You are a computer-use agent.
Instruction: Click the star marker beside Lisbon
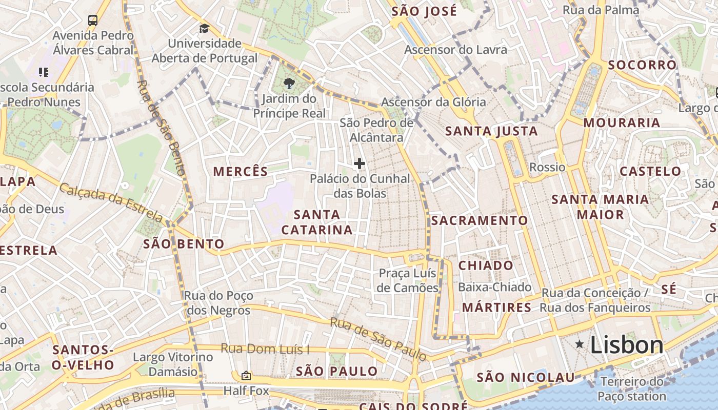(580, 344)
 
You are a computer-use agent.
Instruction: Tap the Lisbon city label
(627, 345)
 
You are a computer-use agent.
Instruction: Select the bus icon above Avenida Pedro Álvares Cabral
(93, 20)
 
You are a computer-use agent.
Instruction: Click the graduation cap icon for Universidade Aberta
(204, 28)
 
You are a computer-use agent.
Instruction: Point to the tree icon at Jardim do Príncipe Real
(289, 83)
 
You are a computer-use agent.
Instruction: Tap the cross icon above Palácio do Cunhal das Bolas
(360, 163)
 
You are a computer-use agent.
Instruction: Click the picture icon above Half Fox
(246, 376)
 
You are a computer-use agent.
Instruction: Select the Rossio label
(547, 168)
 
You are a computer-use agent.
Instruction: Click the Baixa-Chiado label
(494, 287)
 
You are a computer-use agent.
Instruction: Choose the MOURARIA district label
(622, 123)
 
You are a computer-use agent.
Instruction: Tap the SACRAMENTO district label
(479, 221)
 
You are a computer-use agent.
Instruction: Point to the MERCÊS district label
(241, 172)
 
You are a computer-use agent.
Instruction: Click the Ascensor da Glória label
(433, 102)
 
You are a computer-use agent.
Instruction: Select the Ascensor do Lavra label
(455, 50)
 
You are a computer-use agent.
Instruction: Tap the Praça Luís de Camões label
(408, 280)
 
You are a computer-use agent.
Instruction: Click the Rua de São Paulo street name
(378, 338)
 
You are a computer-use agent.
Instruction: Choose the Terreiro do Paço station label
(632, 388)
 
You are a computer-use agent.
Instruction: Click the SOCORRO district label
(642, 65)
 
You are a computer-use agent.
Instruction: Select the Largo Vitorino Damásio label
(172, 364)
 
